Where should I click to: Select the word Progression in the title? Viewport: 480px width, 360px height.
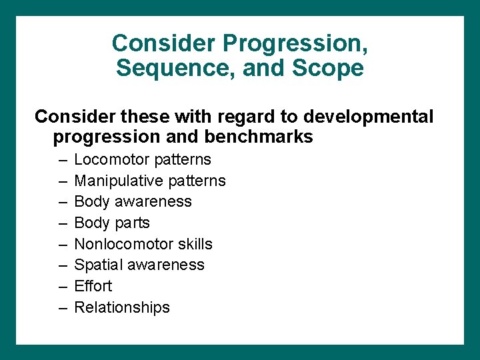pyautogui.click(x=295, y=43)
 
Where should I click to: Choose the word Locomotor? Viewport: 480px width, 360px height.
pyautogui.click(x=111, y=159)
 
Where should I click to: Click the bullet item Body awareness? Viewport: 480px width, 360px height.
pyautogui.click(x=133, y=201)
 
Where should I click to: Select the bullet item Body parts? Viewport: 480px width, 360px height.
pyautogui.click(x=112, y=223)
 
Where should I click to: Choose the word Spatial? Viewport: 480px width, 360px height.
pyautogui.click(x=99, y=265)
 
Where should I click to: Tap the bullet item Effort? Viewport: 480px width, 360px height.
pyautogui.click(x=93, y=286)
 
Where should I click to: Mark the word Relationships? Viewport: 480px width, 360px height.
pyautogui.click(x=122, y=307)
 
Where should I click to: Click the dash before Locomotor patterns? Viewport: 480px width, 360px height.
pyautogui.click(x=63, y=160)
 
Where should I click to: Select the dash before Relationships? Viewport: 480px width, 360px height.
pyautogui.click(x=63, y=308)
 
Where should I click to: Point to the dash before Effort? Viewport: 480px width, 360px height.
pyautogui.click(x=63, y=287)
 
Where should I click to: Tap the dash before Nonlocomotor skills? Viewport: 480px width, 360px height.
pyautogui.click(x=63, y=245)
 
